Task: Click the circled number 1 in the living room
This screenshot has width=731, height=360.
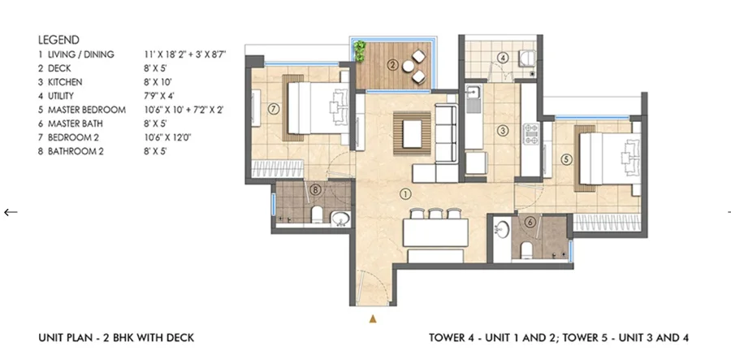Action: pos(405,193)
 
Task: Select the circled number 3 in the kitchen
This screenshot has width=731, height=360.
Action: pos(502,131)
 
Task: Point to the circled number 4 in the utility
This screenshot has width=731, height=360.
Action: pos(502,59)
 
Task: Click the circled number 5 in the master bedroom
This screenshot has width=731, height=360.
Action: pos(566,159)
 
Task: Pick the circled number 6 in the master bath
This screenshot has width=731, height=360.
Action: pos(529,223)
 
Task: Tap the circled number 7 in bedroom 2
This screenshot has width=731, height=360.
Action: pos(274,109)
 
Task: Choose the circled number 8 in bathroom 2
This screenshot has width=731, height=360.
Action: pos(316,190)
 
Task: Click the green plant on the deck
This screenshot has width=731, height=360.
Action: pos(360,51)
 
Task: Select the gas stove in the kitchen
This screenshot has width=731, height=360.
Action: pos(531,133)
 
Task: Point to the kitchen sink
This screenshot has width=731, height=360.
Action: pos(474,99)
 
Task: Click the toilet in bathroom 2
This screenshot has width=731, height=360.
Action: pos(317,215)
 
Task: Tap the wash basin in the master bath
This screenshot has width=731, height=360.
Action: pos(503,229)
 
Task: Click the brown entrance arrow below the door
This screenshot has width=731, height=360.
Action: pos(373,319)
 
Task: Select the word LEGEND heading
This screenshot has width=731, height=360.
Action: pos(58,40)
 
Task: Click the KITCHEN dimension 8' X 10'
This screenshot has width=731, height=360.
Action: pos(155,82)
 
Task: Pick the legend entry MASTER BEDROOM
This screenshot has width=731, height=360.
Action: pos(87,110)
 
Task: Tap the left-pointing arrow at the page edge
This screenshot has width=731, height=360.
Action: pos(11,212)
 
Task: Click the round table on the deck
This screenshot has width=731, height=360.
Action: pos(409,66)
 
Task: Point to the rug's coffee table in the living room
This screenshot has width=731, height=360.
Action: pos(412,133)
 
